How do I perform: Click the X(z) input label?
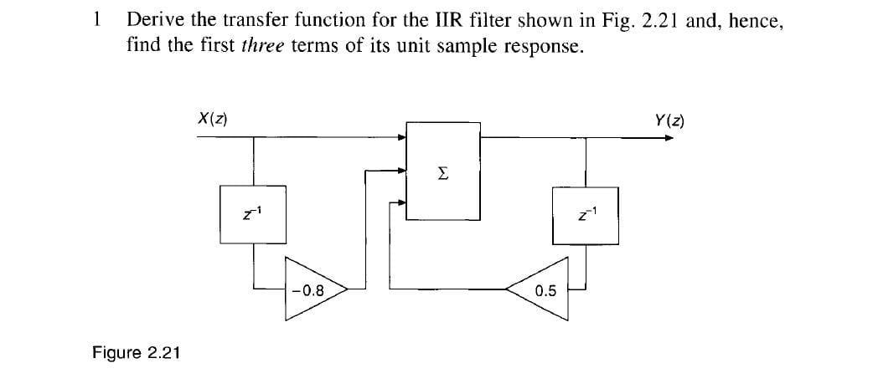(x=213, y=118)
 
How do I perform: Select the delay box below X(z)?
(x=253, y=216)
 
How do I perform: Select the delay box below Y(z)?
(x=586, y=216)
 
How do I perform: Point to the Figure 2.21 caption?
(x=136, y=352)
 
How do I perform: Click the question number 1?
(x=100, y=19)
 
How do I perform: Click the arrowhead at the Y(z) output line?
(x=668, y=137)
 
